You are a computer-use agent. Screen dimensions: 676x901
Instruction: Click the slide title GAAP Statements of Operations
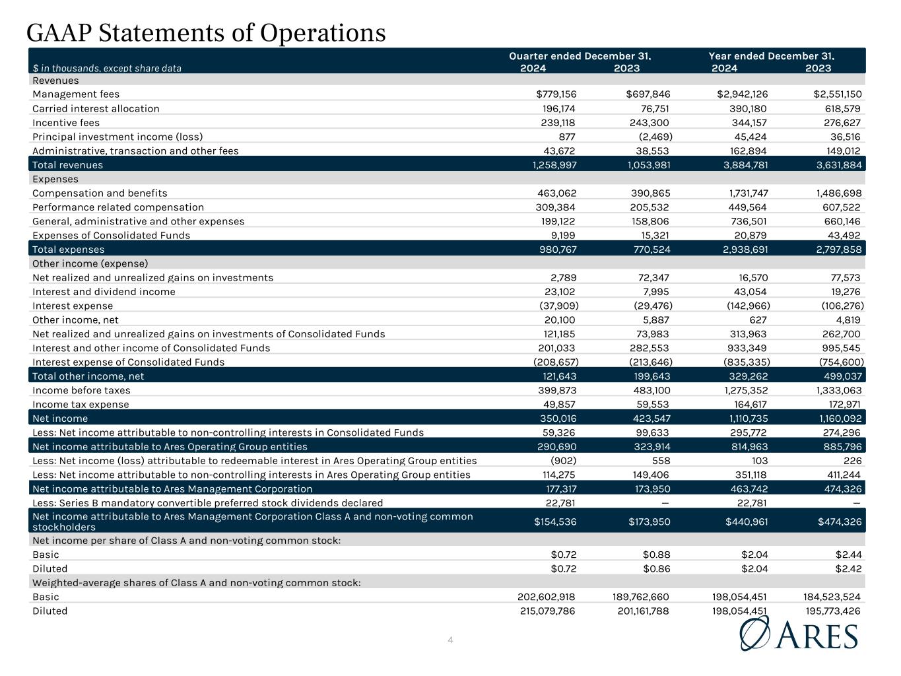[206, 33]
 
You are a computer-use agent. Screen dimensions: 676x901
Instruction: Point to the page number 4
[450, 640]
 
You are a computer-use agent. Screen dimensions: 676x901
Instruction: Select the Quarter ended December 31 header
[580, 56]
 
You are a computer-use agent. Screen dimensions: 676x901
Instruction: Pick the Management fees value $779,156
[556, 94]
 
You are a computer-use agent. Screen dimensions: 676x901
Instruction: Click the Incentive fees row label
[66, 123]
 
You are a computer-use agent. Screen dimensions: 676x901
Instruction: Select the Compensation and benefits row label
[100, 193]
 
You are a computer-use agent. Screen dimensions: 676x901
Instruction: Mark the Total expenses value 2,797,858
[838, 250]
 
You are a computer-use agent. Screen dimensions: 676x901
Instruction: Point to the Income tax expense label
[81, 404]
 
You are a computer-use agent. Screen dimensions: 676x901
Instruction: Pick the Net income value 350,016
[556, 419]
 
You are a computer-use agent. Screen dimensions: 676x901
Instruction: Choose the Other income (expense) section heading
[90, 263]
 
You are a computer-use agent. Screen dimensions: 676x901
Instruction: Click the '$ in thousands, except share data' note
[107, 68]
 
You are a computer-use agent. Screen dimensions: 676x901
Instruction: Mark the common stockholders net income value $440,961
[744, 522]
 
